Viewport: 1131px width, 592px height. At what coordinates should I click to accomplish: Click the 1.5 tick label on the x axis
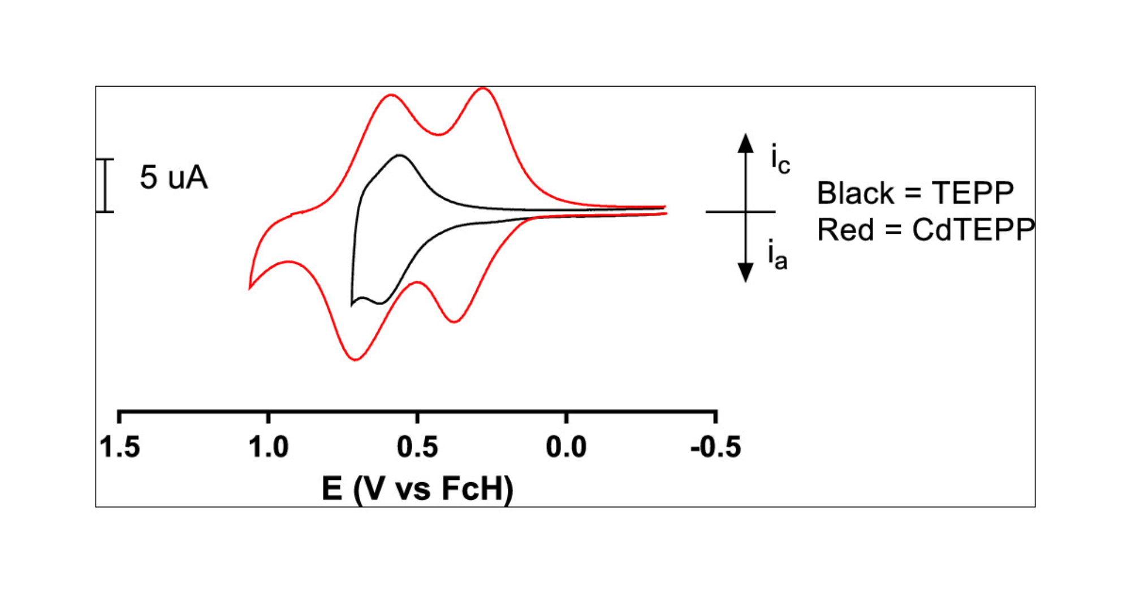(119, 447)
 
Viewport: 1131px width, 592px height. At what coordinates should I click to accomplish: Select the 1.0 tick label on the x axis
(269, 447)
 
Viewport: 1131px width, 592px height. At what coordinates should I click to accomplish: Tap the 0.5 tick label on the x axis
(417, 447)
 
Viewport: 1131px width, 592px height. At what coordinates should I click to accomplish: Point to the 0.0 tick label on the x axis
(566, 447)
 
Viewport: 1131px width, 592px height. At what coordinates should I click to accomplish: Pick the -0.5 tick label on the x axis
(715, 447)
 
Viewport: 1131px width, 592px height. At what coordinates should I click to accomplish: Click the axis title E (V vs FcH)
(417, 488)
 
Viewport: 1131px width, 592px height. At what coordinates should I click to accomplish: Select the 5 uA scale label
(174, 177)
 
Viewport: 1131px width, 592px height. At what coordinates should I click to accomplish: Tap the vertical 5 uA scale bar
(105, 186)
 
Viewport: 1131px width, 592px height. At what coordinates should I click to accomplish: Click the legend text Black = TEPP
(915, 193)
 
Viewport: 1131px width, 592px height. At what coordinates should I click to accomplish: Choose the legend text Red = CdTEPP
(926, 230)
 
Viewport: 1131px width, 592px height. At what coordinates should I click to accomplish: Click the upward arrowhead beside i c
(746, 143)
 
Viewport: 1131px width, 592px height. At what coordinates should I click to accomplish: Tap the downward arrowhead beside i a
(746, 273)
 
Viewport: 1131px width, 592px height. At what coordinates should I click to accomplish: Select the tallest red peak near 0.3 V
(483, 88)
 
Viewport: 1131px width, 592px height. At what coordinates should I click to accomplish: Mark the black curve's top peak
(400, 155)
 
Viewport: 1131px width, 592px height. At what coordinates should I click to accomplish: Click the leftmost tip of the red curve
(250, 288)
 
